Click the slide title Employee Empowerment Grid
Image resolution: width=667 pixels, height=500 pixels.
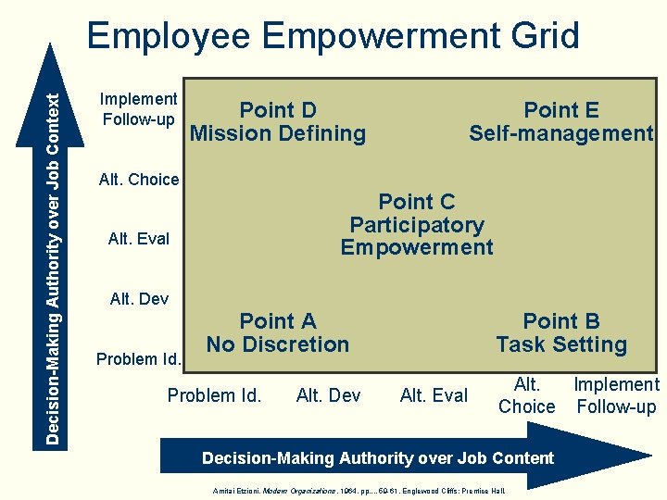[x=333, y=36]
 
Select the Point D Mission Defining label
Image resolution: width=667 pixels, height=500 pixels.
[x=278, y=121]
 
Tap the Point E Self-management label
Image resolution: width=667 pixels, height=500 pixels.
[x=560, y=121]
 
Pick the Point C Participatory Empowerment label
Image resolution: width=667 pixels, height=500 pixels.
[x=417, y=224]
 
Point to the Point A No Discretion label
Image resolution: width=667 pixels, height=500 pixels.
[x=278, y=332]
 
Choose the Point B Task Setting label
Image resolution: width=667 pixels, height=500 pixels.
[x=560, y=332]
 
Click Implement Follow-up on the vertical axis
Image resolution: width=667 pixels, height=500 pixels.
[x=139, y=109]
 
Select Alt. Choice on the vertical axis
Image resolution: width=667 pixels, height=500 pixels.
[x=139, y=180]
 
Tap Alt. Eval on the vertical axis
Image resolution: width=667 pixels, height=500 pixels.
[x=139, y=239]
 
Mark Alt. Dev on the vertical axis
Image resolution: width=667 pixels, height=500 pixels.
[x=139, y=298]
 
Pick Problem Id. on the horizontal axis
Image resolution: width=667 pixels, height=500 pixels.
[x=214, y=395]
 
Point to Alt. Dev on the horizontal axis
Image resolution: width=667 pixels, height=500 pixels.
[x=328, y=395]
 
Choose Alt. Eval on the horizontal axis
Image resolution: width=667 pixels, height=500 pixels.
[x=434, y=395]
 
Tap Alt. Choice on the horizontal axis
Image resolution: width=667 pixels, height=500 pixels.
[x=526, y=395]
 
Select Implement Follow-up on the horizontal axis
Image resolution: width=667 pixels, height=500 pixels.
[x=616, y=395]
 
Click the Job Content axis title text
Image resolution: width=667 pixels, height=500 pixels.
[x=378, y=457]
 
